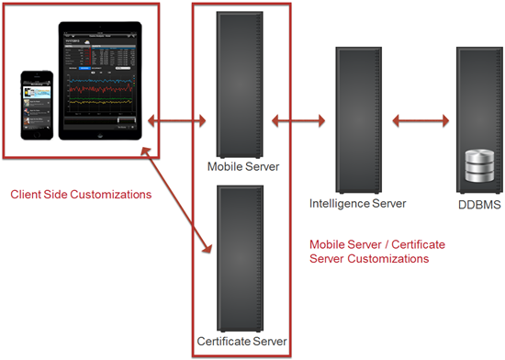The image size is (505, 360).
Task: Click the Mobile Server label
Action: pos(242,166)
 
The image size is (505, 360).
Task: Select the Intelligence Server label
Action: pos(357,203)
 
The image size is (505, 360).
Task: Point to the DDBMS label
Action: pos(477,204)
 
